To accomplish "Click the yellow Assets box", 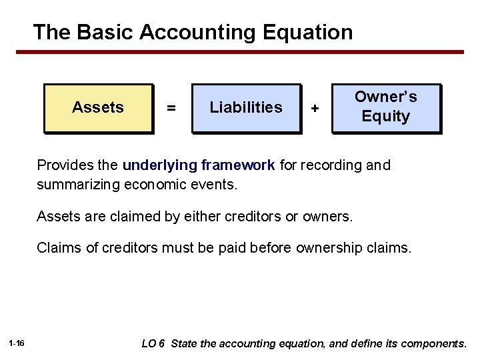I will [99, 108].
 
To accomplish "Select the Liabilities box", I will [246, 108].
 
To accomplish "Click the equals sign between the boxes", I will [171, 108].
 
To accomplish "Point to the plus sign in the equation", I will [315, 108].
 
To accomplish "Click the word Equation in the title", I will [307, 32].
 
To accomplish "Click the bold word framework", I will [233, 165].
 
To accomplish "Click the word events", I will [214, 184].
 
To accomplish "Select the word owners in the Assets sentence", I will [331, 216].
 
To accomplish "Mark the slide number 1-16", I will [17, 344].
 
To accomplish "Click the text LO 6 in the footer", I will [153, 344].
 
